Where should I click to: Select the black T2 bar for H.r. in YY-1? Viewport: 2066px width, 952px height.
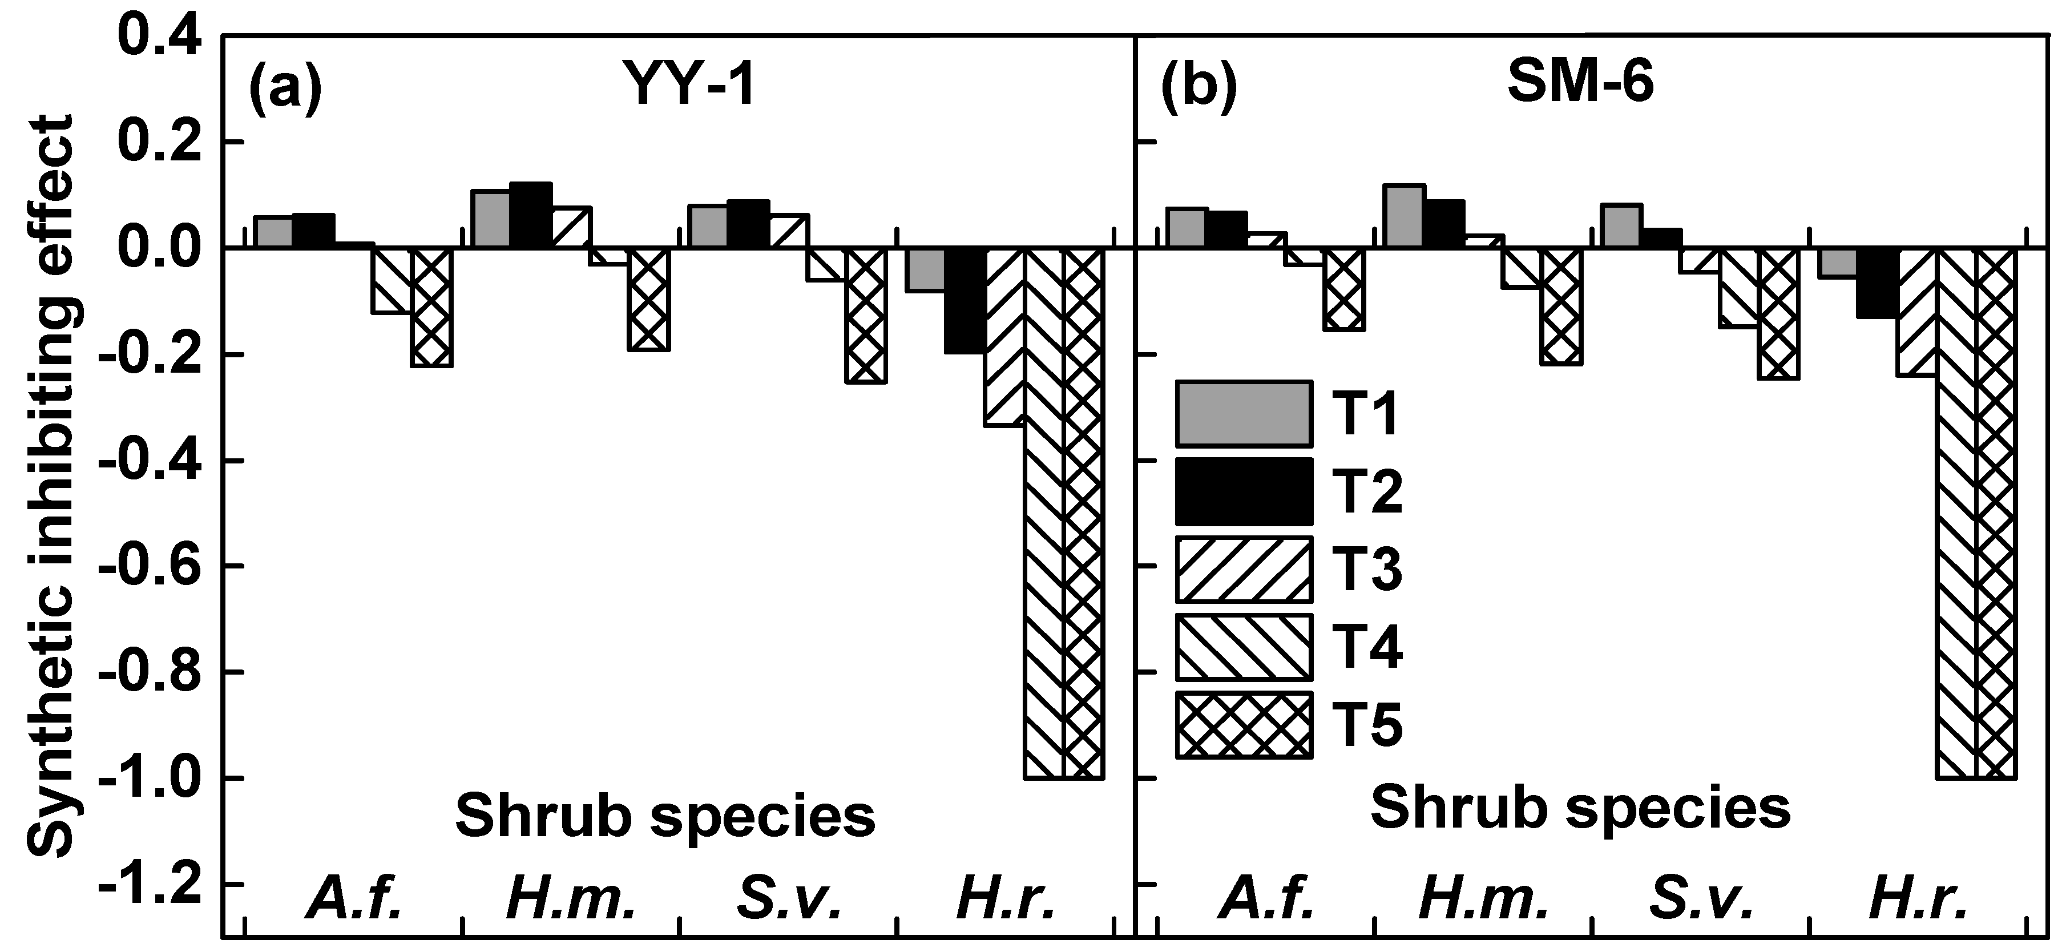click(x=966, y=301)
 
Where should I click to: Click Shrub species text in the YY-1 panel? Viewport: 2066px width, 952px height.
click(x=665, y=817)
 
